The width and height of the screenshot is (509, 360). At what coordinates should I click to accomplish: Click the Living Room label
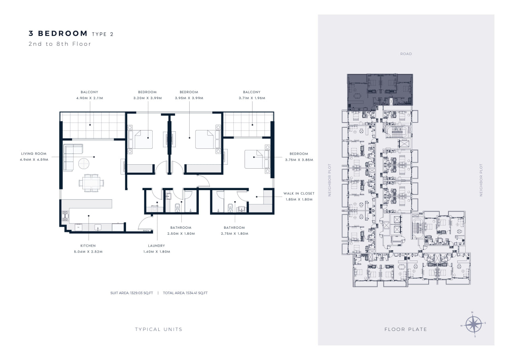click(34, 154)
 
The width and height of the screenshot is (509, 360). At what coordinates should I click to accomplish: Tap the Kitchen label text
click(88, 246)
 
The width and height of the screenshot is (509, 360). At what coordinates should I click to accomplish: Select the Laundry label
click(157, 246)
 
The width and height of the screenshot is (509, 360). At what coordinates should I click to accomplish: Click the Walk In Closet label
click(299, 193)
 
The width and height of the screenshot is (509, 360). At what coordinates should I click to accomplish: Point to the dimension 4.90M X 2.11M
click(90, 98)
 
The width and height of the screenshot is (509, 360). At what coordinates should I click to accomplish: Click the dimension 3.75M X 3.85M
click(299, 160)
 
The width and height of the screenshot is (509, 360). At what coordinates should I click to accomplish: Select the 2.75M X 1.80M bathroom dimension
click(235, 234)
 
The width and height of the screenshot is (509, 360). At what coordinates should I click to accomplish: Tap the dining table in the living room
click(91, 183)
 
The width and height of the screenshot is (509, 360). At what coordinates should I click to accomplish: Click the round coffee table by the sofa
click(84, 163)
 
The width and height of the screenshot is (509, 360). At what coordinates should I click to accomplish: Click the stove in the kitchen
click(65, 216)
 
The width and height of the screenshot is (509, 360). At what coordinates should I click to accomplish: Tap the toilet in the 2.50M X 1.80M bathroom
click(177, 208)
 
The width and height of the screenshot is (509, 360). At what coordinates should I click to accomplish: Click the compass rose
click(473, 324)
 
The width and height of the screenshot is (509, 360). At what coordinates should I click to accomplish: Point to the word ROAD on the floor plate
click(406, 54)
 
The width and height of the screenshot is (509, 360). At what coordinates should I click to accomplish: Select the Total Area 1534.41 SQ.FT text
click(185, 293)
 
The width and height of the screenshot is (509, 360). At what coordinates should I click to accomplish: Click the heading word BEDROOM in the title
click(63, 33)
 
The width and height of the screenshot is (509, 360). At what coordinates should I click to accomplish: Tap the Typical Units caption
click(159, 329)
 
